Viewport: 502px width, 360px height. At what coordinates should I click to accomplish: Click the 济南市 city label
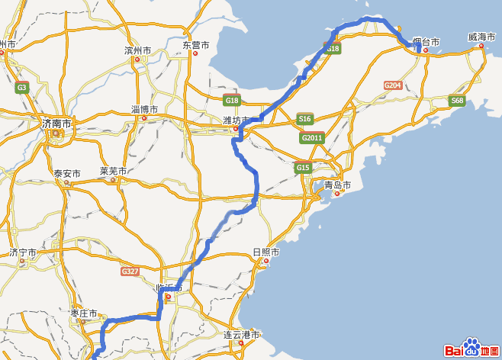(56, 123)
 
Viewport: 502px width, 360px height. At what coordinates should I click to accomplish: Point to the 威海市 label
(482, 37)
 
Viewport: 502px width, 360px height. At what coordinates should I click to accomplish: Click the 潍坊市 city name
(236, 120)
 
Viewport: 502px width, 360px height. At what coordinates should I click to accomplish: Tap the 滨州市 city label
(137, 50)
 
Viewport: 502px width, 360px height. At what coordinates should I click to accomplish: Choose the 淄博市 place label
(144, 109)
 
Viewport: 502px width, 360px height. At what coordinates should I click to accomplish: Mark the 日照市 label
(265, 252)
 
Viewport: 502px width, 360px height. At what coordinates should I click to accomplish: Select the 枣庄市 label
(83, 313)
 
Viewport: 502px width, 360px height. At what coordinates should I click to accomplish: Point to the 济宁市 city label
(23, 252)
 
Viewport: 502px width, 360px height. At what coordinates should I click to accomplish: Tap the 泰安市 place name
(66, 174)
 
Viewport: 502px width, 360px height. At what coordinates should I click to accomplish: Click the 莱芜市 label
(113, 171)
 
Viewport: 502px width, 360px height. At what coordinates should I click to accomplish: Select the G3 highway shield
(21, 88)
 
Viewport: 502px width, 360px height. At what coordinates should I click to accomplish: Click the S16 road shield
(305, 119)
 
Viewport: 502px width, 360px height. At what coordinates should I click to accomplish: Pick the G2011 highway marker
(311, 138)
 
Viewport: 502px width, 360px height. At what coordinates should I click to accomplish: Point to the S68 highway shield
(457, 100)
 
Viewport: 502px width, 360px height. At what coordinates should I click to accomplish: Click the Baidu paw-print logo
(471, 349)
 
